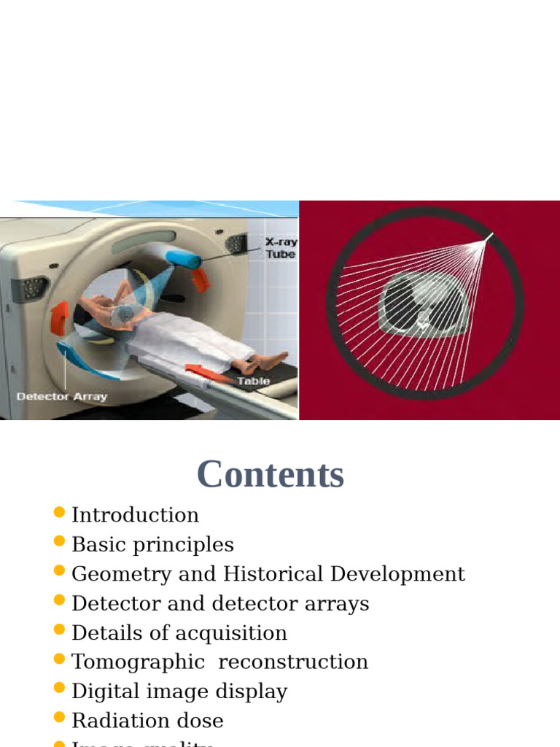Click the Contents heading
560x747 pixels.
click(x=270, y=474)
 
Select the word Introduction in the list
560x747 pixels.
click(x=135, y=515)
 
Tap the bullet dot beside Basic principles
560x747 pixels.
click(x=60, y=541)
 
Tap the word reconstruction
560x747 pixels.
click(x=293, y=662)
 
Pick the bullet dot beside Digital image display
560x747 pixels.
click(x=60, y=688)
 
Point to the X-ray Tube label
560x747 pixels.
click(x=281, y=248)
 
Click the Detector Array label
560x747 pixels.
click(x=62, y=397)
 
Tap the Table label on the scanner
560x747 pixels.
click(x=253, y=381)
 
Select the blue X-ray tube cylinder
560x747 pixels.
click(x=182, y=260)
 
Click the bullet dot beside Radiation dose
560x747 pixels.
click(x=60, y=718)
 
